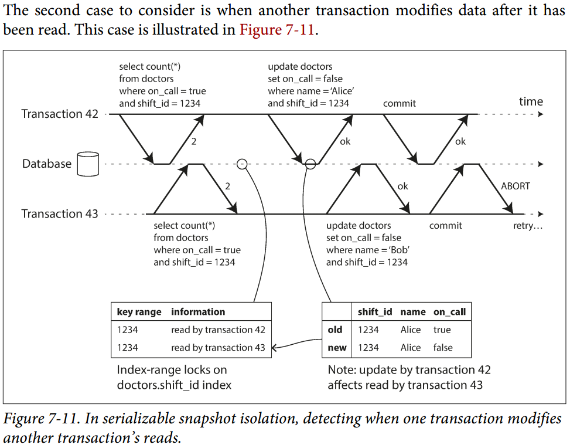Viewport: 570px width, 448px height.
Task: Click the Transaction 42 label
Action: coord(60,114)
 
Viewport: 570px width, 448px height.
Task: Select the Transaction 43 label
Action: coord(60,213)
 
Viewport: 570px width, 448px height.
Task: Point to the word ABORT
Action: coord(516,186)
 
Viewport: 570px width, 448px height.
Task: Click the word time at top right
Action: coord(531,101)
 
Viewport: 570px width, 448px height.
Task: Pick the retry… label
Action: coord(528,226)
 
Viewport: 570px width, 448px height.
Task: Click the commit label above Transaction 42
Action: coord(400,103)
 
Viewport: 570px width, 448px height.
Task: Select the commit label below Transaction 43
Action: coord(445,226)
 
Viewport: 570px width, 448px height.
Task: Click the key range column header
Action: coord(139,312)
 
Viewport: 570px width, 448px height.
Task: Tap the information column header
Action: coord(198,312)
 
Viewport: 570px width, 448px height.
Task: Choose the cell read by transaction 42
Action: coord(218,330)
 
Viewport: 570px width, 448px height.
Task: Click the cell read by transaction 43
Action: coord(218,348)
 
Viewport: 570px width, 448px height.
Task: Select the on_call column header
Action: coord(449,312)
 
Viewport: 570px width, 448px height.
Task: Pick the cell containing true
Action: coord(442,330)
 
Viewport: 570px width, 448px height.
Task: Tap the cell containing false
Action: coord(443,348)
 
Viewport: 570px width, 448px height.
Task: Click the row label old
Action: coord(335,330)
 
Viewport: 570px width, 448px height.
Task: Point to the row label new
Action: coord(337,348)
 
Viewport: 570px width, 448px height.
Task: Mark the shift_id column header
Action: coord(375,312)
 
